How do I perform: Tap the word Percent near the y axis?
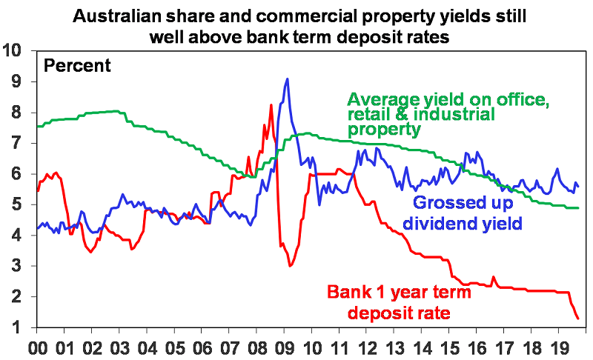pos(77,65)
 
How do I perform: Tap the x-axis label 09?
pos(285,346)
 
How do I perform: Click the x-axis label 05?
pos(175,346)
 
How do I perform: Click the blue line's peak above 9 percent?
pos(287,79)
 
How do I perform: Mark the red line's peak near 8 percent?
pos(271,104)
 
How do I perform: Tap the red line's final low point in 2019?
pos(578,319)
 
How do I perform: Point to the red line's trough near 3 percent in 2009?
pos(291,266)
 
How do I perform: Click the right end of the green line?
pos(578,208)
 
